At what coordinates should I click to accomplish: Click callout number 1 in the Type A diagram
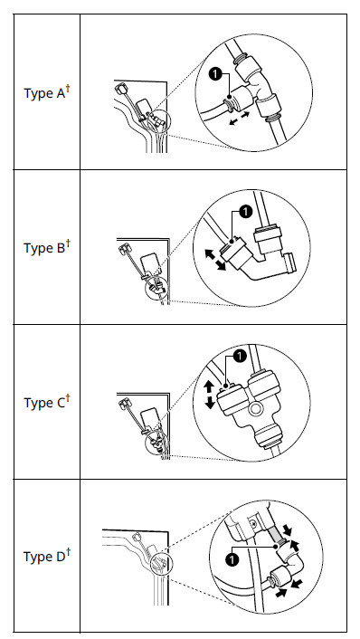coord(215,73)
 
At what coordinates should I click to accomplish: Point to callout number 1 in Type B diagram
coord(246,212)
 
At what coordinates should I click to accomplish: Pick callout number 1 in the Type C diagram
coord(241,356)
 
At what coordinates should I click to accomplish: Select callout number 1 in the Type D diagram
coord(232,559)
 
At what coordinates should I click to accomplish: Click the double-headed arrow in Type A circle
coord(239,119)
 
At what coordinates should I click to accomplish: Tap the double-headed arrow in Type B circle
coord(215,260)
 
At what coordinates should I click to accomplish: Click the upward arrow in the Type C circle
coord(210,386)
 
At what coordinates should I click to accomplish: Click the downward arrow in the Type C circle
coord(210,403)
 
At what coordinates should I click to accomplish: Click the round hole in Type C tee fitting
coord(255,409)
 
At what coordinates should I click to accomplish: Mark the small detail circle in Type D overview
coord(162,564)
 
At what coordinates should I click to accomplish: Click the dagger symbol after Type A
coord(68,89)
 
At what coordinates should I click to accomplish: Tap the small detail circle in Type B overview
coord(156,290)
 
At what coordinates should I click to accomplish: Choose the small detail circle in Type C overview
coord(156,444)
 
